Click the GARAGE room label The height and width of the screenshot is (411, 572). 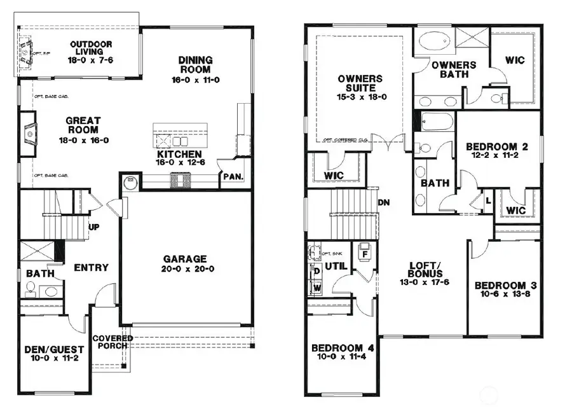(x=184, y=259)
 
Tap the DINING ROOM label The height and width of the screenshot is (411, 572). (x=195, y=65)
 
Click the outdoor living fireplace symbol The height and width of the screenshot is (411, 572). (x=26, y=50)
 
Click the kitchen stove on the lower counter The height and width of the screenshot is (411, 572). (x=177, y=182)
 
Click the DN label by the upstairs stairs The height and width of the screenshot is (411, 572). (x=384, y=202)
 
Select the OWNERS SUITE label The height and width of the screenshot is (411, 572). (x=360, y=83)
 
